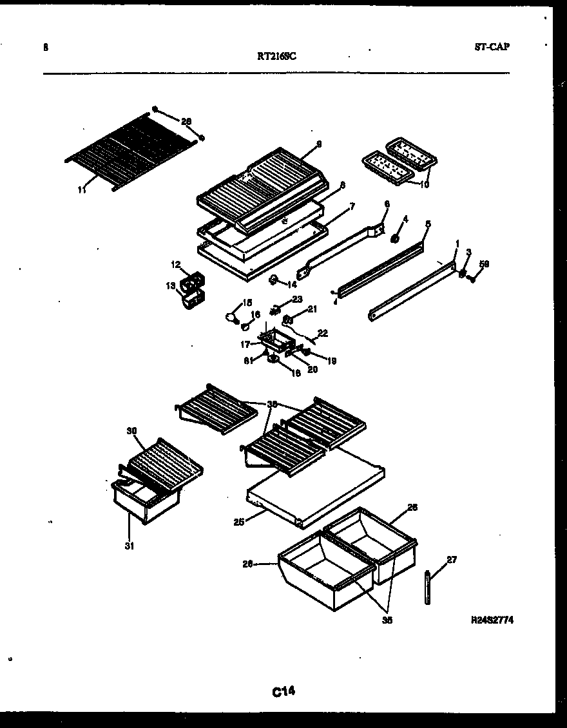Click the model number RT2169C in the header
(x=276, y=55)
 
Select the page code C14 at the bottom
(x=283, y=692)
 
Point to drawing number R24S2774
(x=492, y=620)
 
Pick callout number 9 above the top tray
(x=319, y=144)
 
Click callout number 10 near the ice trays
(x=423, y=185)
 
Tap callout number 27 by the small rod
(x=452, y=560)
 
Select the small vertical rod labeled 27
(x=428, y=587)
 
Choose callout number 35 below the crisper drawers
(x=387, y=621)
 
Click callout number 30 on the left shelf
(x=132, y=430)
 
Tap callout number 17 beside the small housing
(x=245, y=344)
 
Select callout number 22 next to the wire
(x=323, y=333)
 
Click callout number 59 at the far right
(x=485, y=264)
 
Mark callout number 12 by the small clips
(x=175, y=265)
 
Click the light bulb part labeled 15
(x=230, y=316)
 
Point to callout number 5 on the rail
(x=427, y=225)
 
